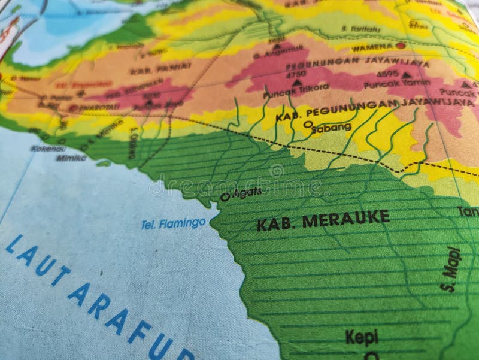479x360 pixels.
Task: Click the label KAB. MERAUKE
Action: point(323,220)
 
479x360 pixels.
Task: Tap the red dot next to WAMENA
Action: point(400,46)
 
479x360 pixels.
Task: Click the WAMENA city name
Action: point(371,47)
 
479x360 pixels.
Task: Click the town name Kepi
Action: point(362,337)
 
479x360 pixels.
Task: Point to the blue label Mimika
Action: point(71,158)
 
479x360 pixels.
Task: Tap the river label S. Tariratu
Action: point(361,28)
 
